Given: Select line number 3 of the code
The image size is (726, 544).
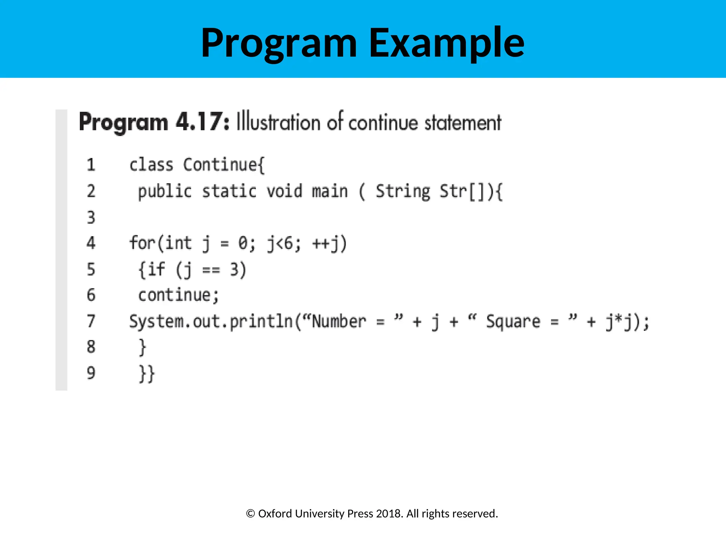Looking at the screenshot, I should [91, 217].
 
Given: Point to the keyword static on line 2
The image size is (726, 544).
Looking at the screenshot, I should [229, 191].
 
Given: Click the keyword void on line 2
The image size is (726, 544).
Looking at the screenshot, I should [284, 191].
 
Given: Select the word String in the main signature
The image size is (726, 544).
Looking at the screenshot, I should [403, 191].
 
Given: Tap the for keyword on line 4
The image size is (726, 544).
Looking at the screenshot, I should [142, 243].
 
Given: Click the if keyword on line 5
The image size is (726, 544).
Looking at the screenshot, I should [156, 269].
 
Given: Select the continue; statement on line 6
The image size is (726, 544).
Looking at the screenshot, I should [178, 295].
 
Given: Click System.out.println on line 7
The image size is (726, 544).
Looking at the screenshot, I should [211, 322].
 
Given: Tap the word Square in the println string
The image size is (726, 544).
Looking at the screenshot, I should [513, 322].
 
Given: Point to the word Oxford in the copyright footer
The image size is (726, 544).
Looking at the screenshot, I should [275, 514].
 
